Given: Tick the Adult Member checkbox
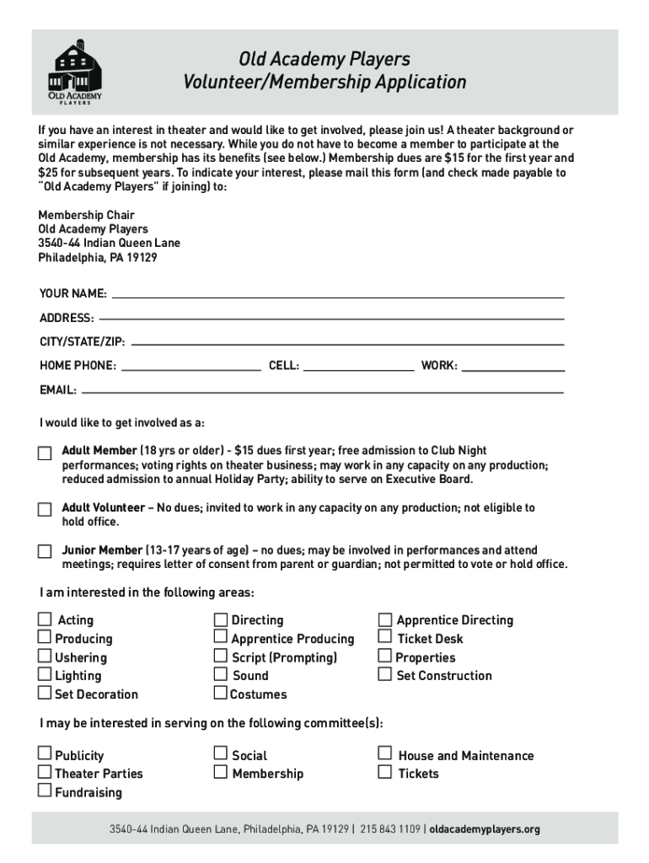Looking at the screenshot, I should point(45,453).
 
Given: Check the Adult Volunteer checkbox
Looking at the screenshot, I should point(45,510).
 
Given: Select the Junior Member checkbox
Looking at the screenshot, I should point(45,552).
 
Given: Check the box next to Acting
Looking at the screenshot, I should point(45,619).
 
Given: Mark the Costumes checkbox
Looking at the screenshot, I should point(220,694).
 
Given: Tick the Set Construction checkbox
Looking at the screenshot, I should point(385,674).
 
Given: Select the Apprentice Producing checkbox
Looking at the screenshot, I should point(221,637).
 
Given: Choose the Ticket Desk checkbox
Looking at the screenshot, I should point(385,637).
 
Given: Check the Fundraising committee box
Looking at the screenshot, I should point(45,791).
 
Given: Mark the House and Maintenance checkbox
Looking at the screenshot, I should point(385,753).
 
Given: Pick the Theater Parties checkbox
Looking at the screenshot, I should point(45,772).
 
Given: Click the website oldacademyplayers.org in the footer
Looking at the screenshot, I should point(485,829).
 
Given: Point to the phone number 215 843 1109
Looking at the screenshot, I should point(390,829).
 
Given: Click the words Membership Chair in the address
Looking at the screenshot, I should point(86,215).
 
